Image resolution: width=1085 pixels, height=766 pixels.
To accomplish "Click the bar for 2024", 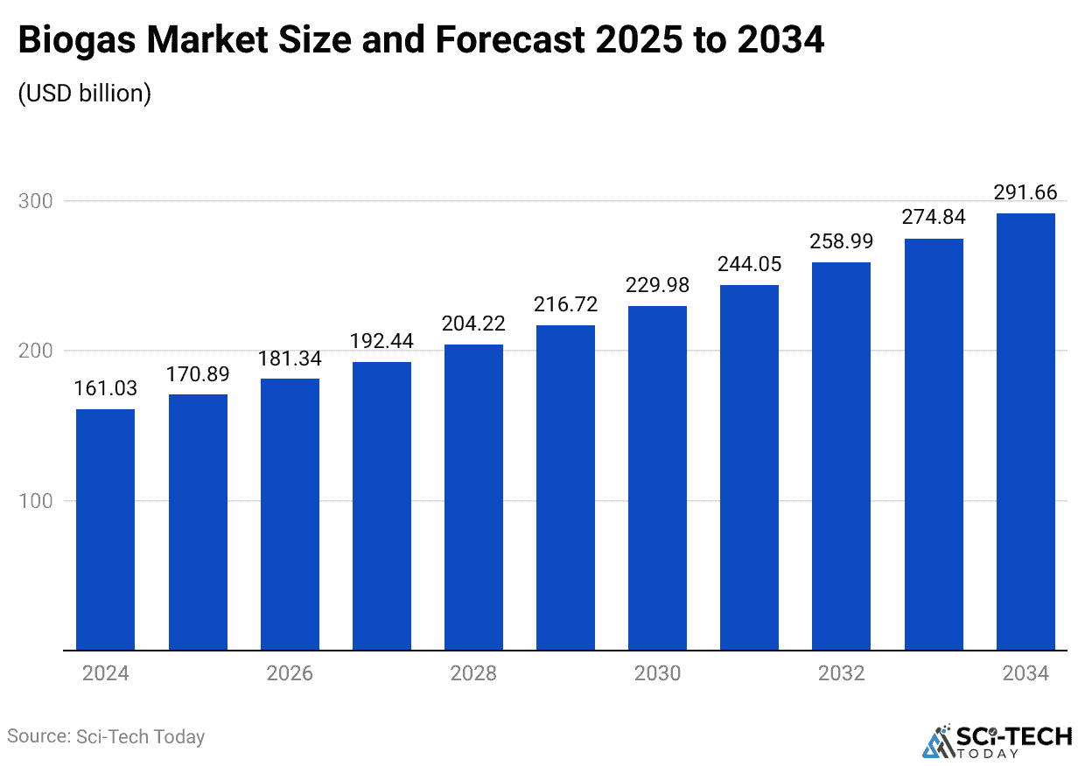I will [x=105, y=530].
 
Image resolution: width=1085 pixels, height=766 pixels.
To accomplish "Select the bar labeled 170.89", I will [x=198, y=522].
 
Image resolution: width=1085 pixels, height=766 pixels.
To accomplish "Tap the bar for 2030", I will [x=657, y=478].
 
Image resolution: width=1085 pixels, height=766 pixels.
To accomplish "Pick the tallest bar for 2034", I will [x=1025, y=432].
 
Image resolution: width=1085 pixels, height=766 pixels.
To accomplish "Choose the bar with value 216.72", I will [x=565, y=488].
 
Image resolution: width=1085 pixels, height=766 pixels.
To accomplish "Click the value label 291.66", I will [x=1025, y=192].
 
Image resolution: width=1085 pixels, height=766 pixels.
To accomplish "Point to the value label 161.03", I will [x=105, y=388].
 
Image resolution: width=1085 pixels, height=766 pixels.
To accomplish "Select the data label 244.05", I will [x=749, y=264].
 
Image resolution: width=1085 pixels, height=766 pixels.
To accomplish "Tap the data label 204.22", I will [x=473, y=324].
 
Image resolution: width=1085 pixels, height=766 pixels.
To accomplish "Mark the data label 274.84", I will [x=933, y=218].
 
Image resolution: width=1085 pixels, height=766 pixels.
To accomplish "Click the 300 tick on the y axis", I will [x=35, y=201].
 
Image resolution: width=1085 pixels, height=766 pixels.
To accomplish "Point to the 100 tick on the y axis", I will [x=35, y=501].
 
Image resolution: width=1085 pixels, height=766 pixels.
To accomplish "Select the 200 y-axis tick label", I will [x=35, y=351].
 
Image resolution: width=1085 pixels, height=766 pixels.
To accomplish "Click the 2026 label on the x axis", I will [x=290, y=673].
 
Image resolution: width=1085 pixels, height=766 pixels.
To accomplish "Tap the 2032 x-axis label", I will [x=841, y=673].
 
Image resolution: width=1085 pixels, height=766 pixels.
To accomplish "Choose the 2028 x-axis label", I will [x=473, y=673].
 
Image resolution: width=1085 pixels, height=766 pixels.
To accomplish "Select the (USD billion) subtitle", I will [x=85, y=94].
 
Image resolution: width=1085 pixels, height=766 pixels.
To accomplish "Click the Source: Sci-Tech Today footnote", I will [x=106, y=736].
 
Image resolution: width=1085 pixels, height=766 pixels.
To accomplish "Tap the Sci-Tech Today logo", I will [x=997, y=740].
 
